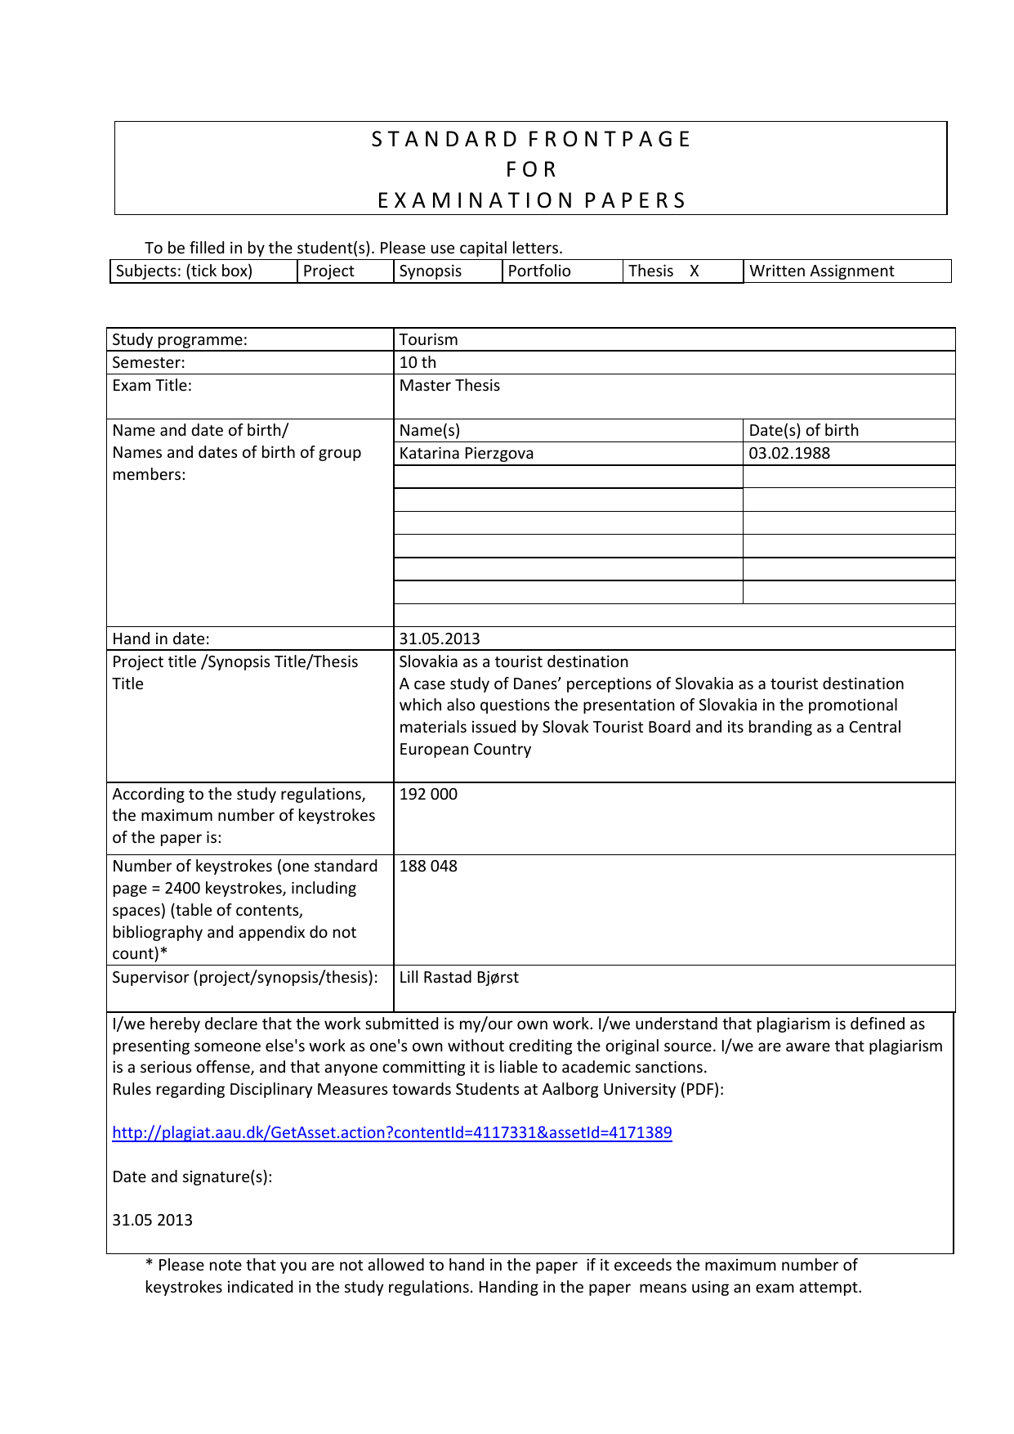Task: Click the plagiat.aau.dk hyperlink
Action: (391, 1132)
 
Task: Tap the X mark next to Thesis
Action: (694, 271)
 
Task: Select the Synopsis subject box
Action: (431, 271)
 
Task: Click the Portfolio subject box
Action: (539, 271)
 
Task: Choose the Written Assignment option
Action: (821, 271)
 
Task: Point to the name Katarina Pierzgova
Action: (466, 453)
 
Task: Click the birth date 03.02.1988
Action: (788, 453)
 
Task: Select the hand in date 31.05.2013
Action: (440, 639)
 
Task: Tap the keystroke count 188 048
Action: (428, 866)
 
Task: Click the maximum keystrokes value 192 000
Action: (428, 794)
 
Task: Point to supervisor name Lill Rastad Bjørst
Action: (458, 977)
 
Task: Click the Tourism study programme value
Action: (428, 339)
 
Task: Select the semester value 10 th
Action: (418, 362)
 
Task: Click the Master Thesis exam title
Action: (449, 385)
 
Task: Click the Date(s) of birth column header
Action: (803, 430)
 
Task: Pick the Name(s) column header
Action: (429, 430)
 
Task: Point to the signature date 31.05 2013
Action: (152, 1220)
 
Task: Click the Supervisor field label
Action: (244, 977)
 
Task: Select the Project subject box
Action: (328, 271)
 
